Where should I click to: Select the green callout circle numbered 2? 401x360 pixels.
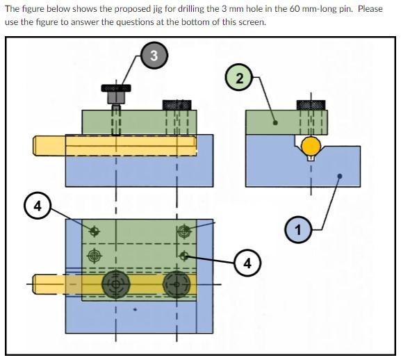point(238,78)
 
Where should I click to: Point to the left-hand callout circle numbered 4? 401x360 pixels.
point(38,205)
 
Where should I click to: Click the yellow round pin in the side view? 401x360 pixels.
point(311,146)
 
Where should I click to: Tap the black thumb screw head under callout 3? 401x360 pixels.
point(115,88)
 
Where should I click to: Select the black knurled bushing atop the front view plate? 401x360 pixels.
point(177,104)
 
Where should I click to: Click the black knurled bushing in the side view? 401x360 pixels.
point(311,104)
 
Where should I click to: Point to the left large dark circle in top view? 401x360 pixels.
point(115,284)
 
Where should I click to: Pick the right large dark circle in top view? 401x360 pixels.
point(177,284)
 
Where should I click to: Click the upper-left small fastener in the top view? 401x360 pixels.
point(94,229)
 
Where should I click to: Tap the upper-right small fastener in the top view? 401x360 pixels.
point(183,230)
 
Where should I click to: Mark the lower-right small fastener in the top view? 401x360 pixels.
point(183,255)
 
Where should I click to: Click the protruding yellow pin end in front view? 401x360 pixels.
point(49,145)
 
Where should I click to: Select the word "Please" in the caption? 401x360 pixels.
point(369,9)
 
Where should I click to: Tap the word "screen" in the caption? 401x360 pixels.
point(249,22)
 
